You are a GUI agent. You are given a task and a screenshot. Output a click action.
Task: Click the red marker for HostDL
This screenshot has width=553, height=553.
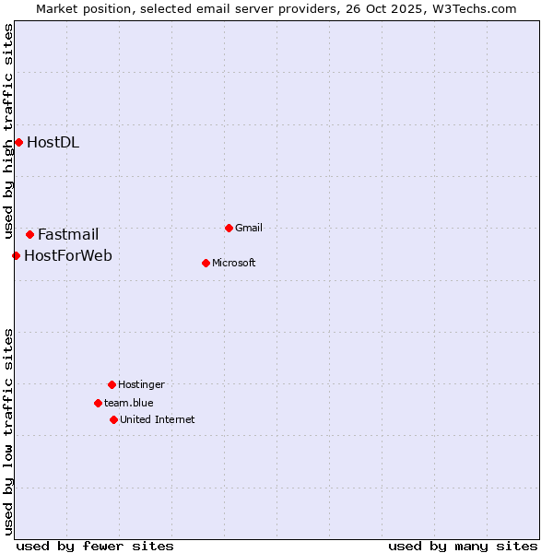point(18,142)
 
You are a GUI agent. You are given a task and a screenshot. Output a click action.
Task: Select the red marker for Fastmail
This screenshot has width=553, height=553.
point(29,235)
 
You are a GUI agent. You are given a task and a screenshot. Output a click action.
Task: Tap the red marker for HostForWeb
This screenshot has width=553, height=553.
point(16,255)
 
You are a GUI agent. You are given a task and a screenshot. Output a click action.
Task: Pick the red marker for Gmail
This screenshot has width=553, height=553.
point(229,228)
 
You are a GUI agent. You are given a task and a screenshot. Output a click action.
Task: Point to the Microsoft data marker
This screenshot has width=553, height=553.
point(206,263)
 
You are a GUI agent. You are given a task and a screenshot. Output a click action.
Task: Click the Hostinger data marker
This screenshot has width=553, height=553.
point(112,384)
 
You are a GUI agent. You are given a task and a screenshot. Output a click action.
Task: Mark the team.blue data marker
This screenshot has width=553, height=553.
point(98,403)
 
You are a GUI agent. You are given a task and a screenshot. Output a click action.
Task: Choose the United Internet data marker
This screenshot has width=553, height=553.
point(113,419)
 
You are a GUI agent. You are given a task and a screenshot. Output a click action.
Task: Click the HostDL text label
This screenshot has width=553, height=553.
point(53,142)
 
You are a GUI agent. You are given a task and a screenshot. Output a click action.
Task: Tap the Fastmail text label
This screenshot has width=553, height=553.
point(68,235)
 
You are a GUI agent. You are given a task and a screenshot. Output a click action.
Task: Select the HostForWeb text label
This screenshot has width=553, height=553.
point(68,255)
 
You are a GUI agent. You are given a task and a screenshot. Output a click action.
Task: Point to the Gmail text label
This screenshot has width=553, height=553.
point(249,228)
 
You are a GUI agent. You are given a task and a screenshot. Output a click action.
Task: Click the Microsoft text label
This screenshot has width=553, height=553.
point(234,263)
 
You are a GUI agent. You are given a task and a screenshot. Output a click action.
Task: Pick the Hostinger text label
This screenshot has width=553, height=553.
point(141,384)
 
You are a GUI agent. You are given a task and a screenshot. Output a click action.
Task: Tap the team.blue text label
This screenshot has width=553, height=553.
point(129,403)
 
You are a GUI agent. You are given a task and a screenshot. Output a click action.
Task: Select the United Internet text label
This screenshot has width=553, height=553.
point(158,419)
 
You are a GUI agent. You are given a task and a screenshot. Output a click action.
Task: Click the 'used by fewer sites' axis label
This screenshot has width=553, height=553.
point(95,546)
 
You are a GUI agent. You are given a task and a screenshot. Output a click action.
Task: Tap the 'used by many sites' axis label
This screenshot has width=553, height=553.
point(463,546)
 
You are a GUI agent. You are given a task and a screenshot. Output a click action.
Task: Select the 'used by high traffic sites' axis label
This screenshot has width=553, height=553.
point(8,131)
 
